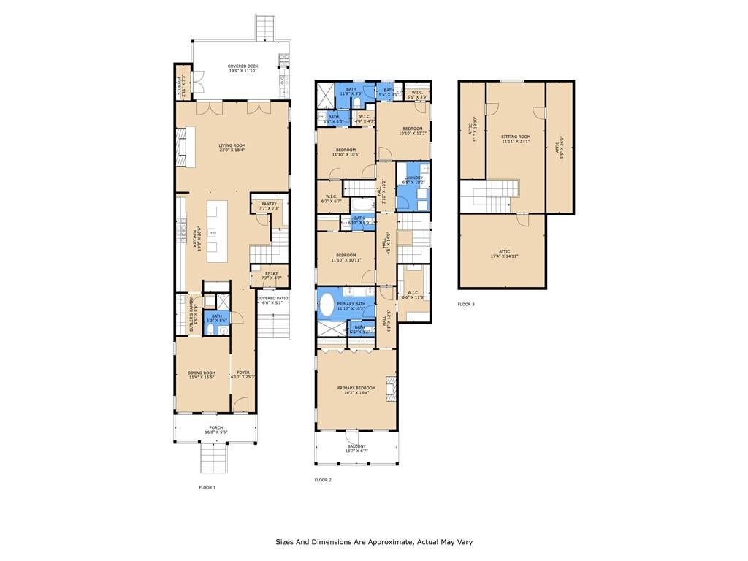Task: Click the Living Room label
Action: [x=232, y=148]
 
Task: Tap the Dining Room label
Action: [x=202, y=375]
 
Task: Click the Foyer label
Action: [x=243, y=375]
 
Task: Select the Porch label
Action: [x=215, y=430]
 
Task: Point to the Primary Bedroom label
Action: [x=356, y=390]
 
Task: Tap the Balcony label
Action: [x=356, y=449]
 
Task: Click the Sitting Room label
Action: [x=516, y=139]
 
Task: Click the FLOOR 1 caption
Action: [x=207, y=487]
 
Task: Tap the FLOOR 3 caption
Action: [x=466, y=304]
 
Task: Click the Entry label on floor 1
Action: [x=271, y=275]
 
